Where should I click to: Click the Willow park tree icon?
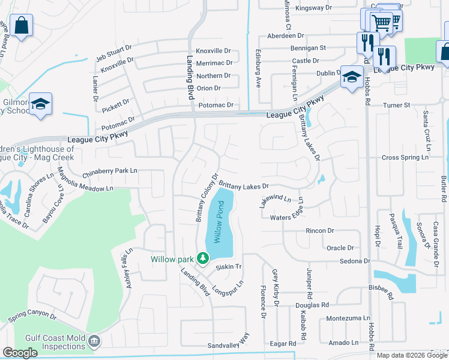pyautogui.click(x=203, y=259)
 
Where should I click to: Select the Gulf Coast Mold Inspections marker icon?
pyautogui.click(x=94, y=342)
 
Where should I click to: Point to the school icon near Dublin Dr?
pyautogui.click(x=351, y=77)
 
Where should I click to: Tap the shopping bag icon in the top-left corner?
pyautogui.click(x=21, y=26)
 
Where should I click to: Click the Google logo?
pyautogui.click(x=20, y=353)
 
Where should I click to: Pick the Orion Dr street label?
pyautogui.click(x=208, y=88)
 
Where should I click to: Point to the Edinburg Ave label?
pyautogui.click(x=259, y=69)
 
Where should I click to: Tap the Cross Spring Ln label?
pyautogui.click(x=406, y=158)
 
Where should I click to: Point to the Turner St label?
pyautogui.click(x=397, y=105)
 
